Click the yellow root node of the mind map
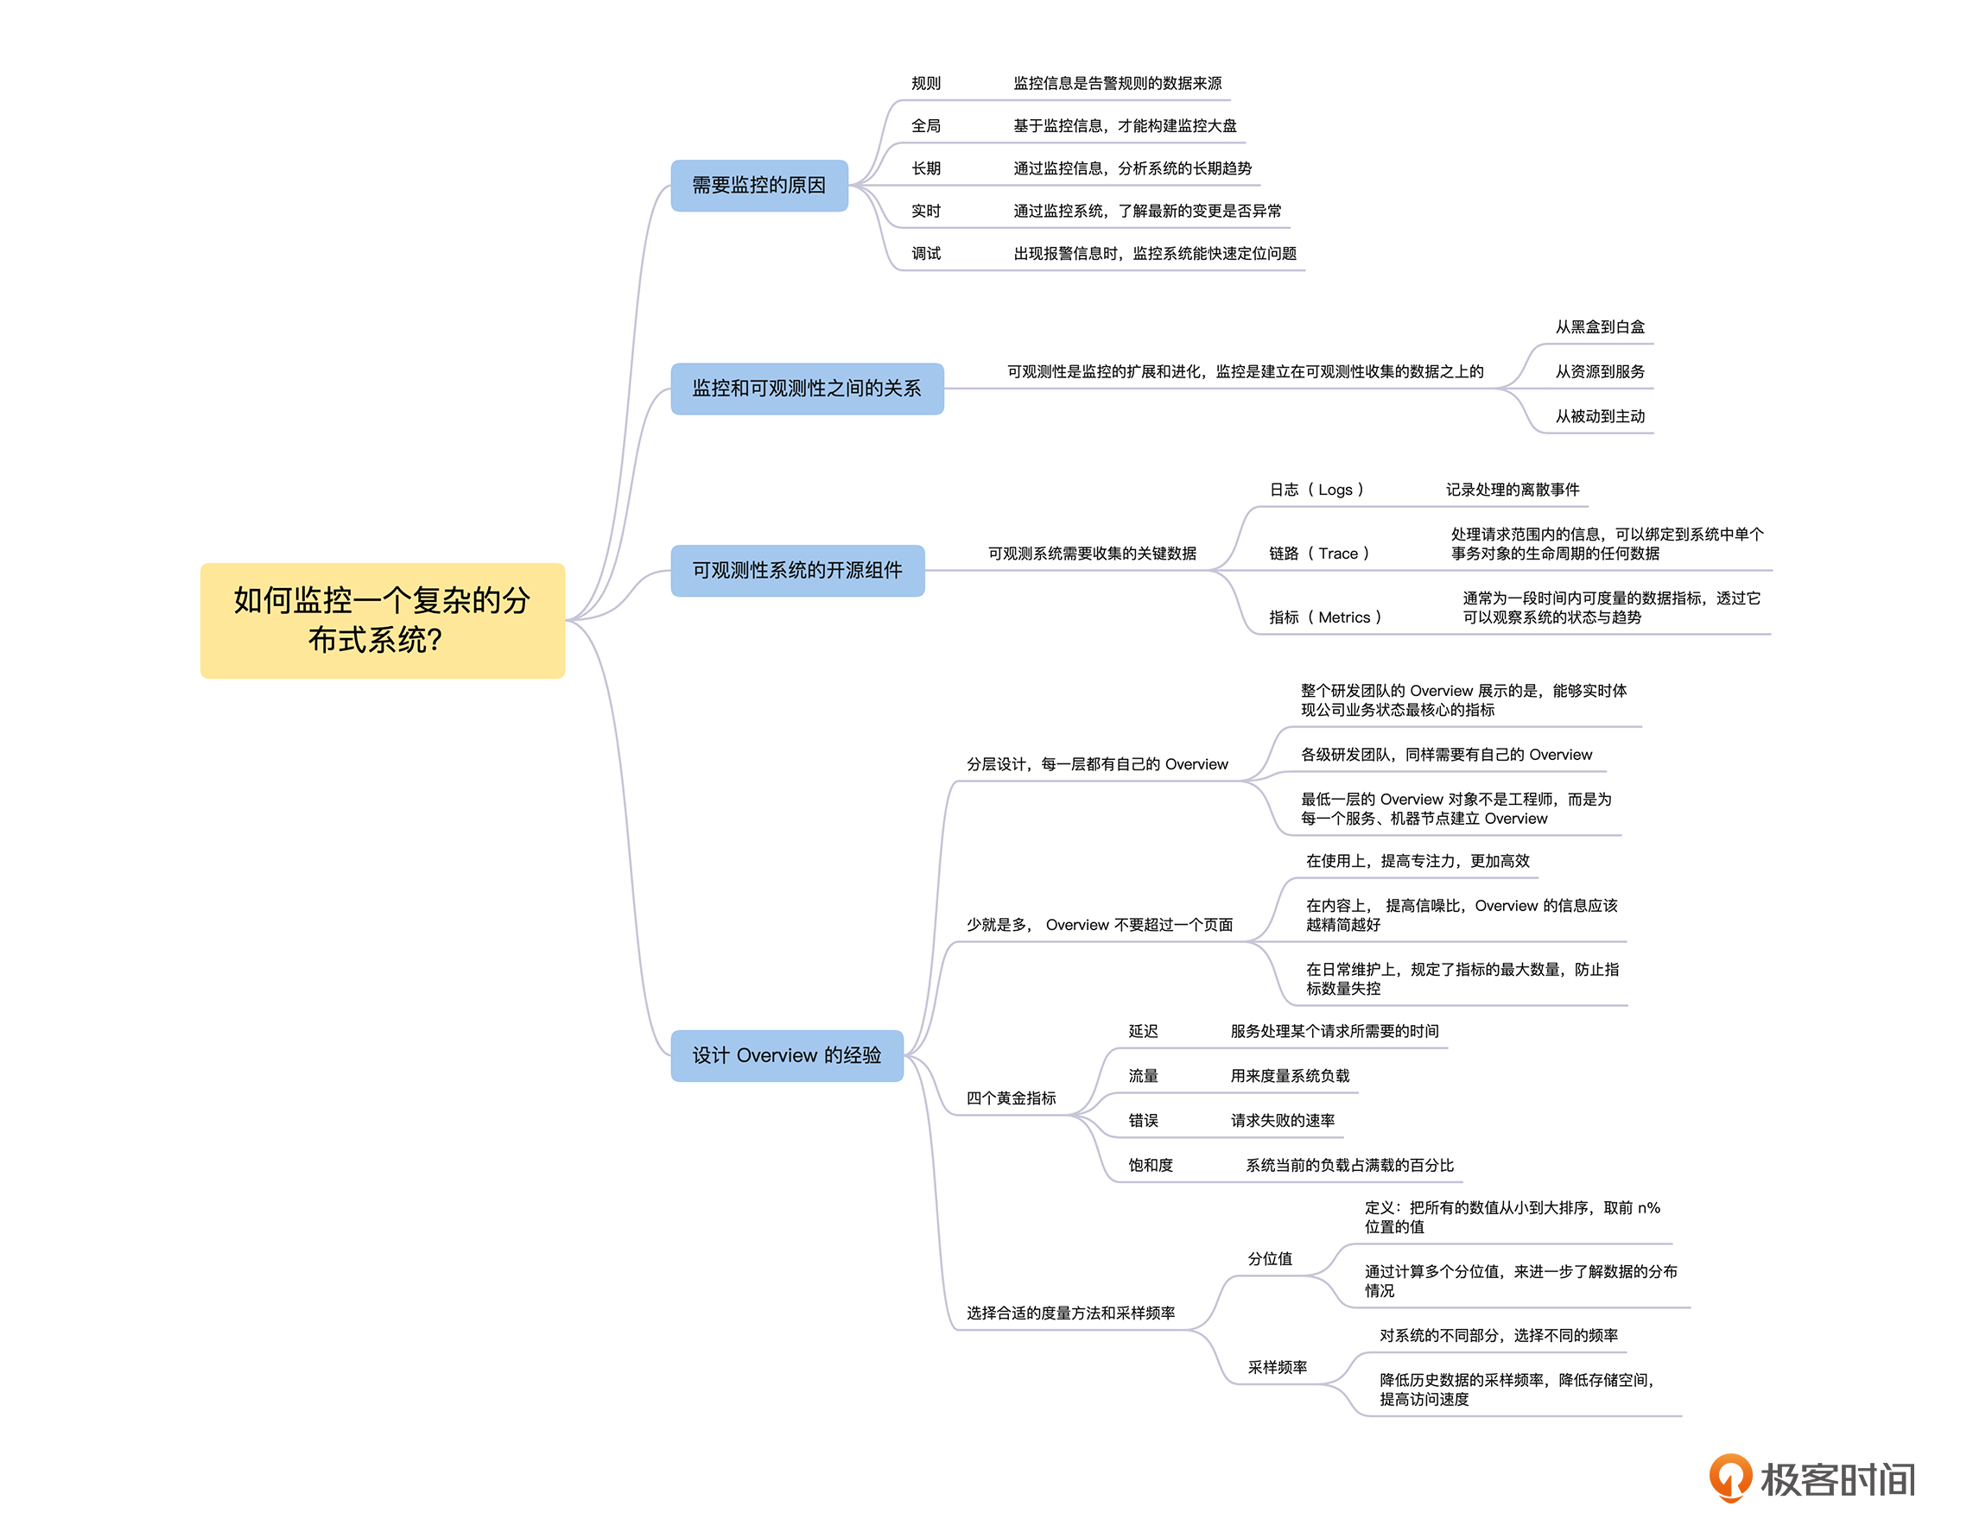pos(382,620)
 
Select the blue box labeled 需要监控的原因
pos(758,185)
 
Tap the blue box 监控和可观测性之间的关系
pos(806,389)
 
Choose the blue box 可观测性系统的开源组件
pos(796,570)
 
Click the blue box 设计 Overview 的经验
pos(786,1054)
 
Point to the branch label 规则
pos(925,83)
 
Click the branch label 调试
pos(925,254)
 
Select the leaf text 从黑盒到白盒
pos(1599,327)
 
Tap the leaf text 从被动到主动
pos(1599,416)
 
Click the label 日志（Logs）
pos(1316,490)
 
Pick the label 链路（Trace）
pos(1319,554)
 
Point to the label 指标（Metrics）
pos(1324,617)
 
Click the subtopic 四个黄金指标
pos(1011,1098)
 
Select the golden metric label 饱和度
pos(1150,1165)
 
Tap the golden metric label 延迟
pos(1143,1031)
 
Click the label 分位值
pos(1269,1259)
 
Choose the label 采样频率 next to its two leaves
pos(1277,1367)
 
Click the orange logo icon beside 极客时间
pos(1729,1478)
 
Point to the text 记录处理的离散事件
pos(1513,490)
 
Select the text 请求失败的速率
pos(1282,1121)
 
